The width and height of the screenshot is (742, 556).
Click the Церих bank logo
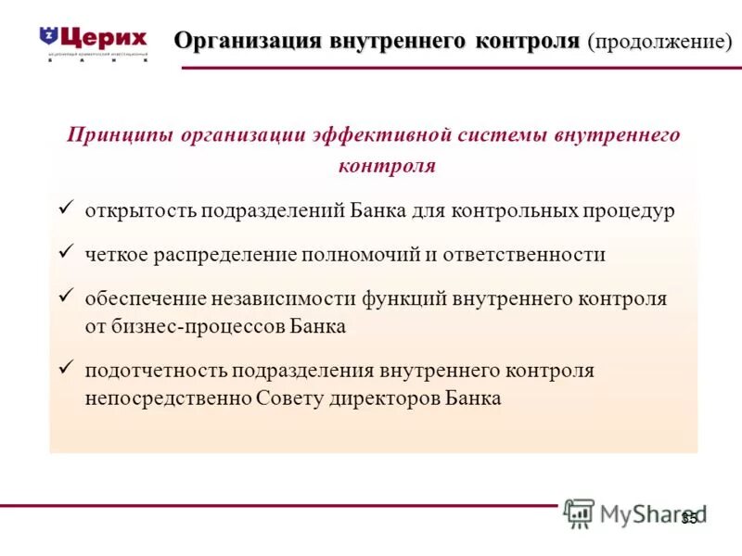coord(93,42)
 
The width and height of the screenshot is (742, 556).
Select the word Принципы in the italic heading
coord(120,135)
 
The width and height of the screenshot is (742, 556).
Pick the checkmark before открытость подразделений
coord(65,209)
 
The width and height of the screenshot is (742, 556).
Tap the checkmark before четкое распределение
coord(65,253)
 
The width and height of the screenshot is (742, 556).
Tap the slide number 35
coord(688,519)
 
